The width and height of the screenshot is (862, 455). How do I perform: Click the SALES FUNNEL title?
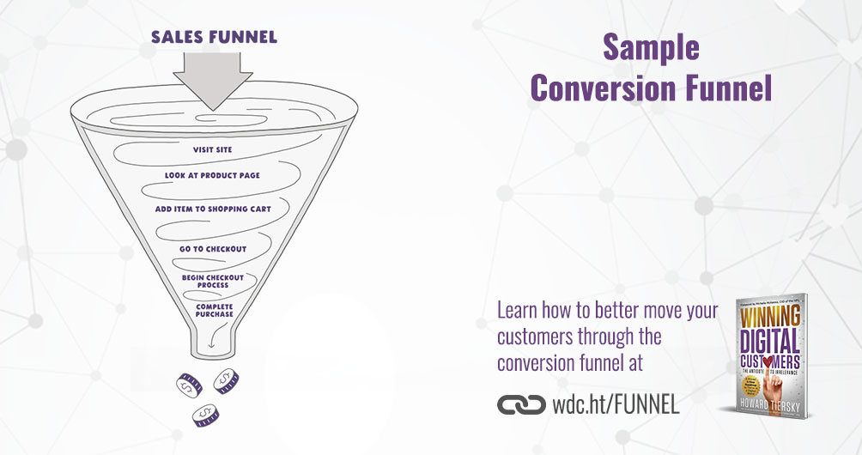coord(214,37)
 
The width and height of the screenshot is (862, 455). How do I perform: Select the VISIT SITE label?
coord(212,149)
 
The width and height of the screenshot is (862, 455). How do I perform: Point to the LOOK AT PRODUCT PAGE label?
coord(212,176)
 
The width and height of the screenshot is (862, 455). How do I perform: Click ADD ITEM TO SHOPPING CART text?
coord(213,209)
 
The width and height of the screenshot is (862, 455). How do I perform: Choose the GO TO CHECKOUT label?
coord(213,249)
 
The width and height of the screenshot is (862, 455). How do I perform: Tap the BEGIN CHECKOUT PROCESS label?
coord(213,282)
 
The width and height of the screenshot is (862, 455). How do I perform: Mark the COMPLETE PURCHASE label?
coord(214,310)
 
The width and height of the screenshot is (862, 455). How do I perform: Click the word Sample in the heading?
coord(651,48)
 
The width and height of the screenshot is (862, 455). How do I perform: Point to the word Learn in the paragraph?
coord(519,309)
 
